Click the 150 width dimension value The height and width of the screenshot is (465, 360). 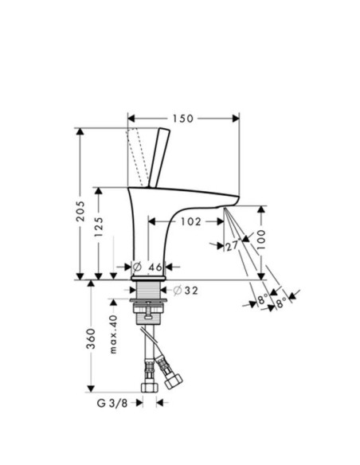point(183,119)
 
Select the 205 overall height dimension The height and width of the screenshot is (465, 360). point(80,211)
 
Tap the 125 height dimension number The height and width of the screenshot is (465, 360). point(99,227)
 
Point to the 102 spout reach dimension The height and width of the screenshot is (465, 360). point(191,221)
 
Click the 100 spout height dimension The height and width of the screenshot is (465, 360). point(261,239)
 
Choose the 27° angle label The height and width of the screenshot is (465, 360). point(232,246)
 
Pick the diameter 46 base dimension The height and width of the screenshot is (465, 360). point(147,267)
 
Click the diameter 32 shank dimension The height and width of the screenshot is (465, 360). point(185,291)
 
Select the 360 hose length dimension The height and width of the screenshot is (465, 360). point(91,338)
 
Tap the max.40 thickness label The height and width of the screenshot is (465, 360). point(113,334)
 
